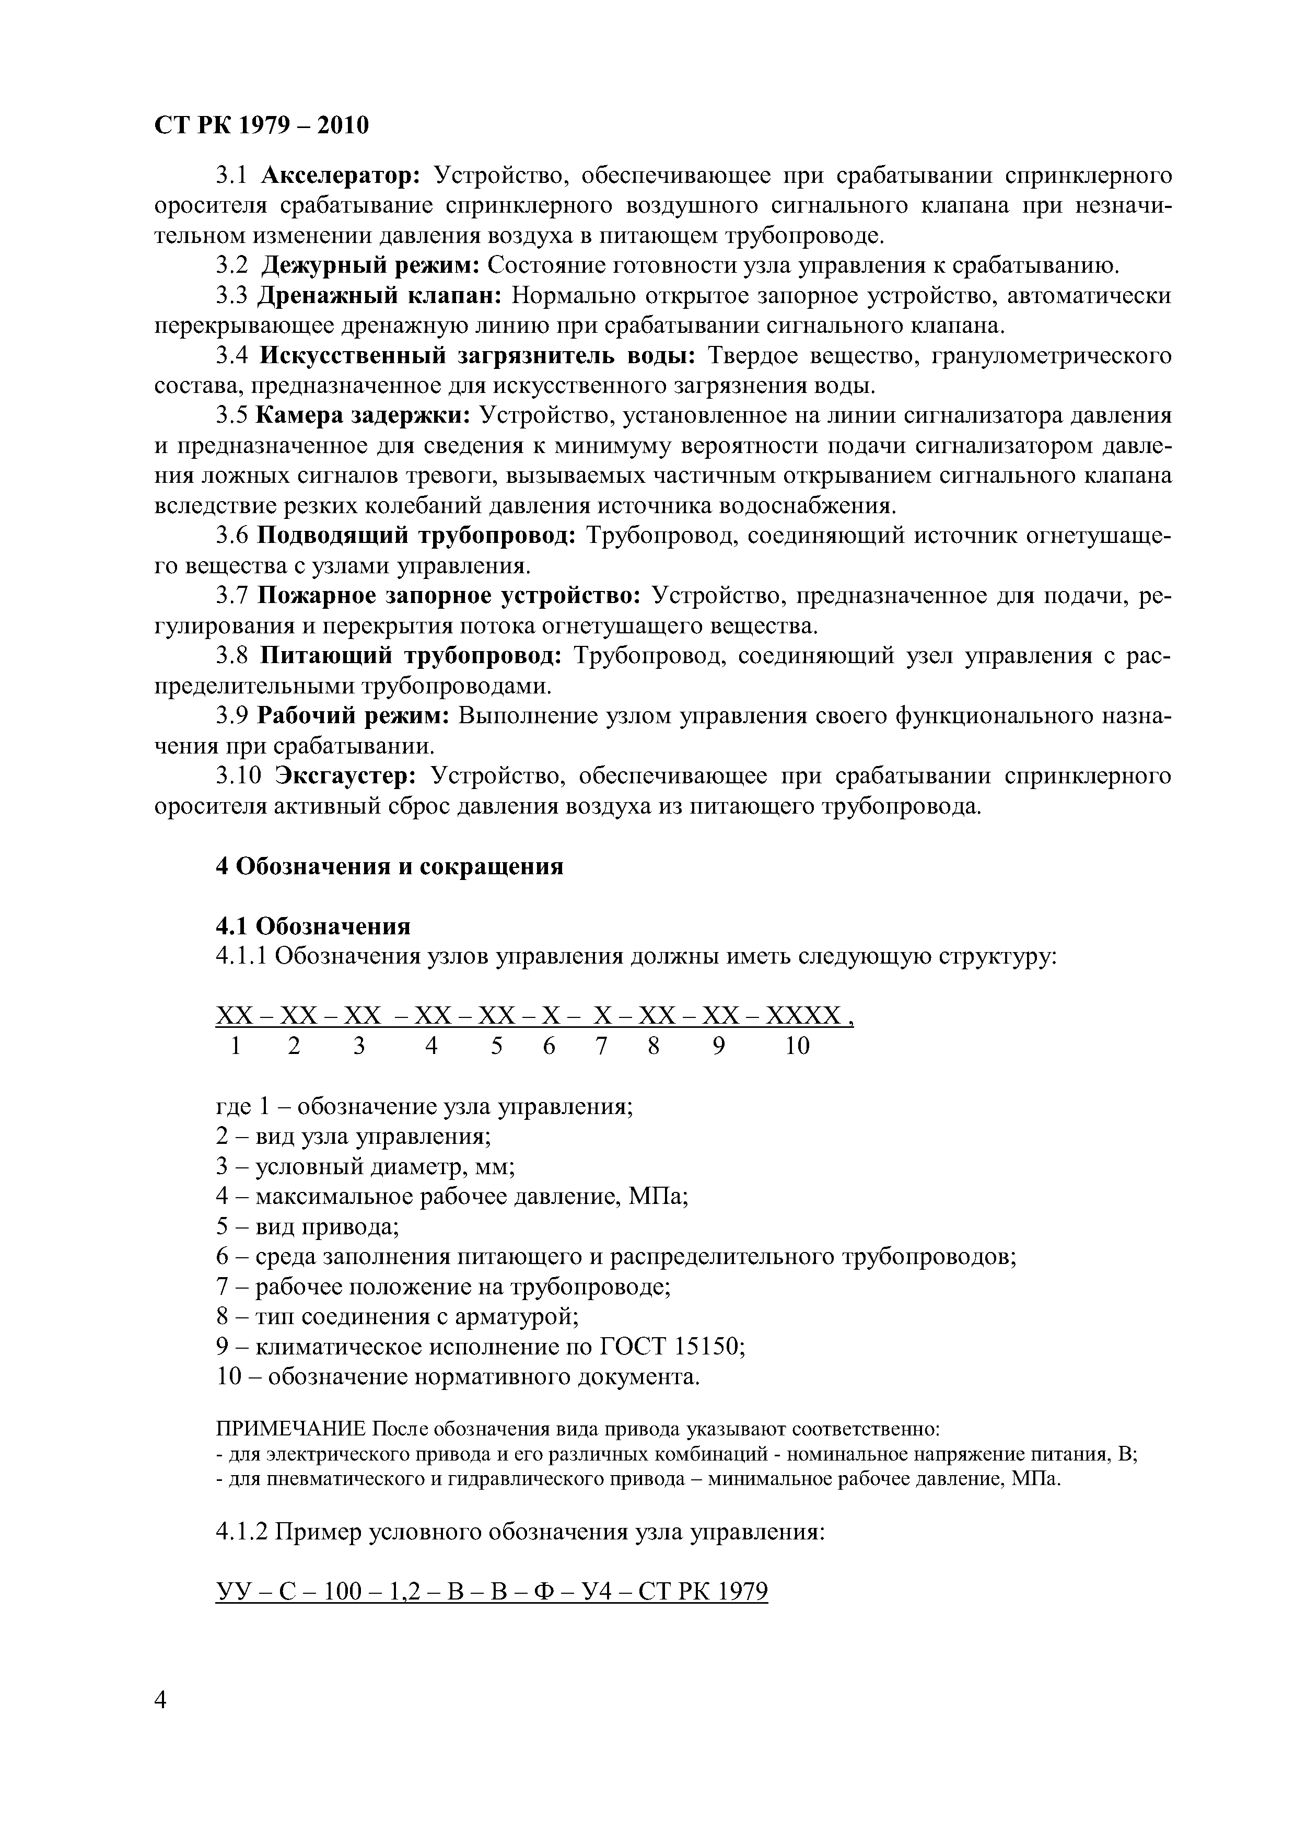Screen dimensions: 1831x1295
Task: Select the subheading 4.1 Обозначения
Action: coord(312,926)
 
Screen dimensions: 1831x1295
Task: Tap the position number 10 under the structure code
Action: coord(797,1046)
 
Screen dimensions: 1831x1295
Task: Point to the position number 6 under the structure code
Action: coord(549,1046)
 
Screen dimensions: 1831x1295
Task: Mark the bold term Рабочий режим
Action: coord(353,716)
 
